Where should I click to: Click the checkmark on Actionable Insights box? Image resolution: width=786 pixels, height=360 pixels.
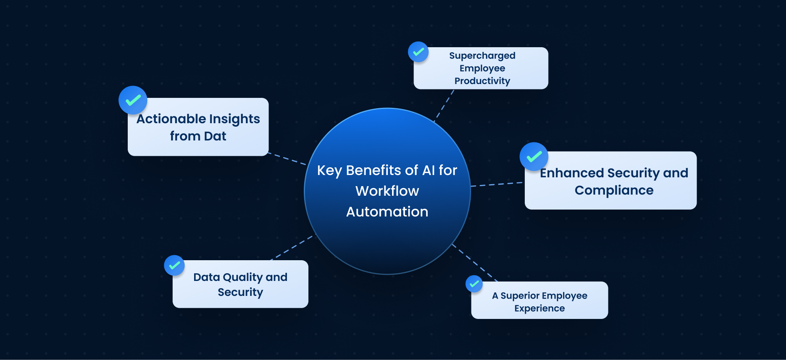pyautogui.click(x=133, y=100)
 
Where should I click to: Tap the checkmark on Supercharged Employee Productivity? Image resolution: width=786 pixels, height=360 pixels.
pyautogui.click(x=418, y=52)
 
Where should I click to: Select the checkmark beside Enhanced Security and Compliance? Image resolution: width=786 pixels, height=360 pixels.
pyautogui.click(x=534, y=157)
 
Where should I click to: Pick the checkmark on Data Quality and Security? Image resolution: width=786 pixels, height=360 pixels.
pyautogui.click(x=174, y=265)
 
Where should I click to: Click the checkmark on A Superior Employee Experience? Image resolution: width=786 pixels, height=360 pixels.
pyautogui.click(x=474, y=284)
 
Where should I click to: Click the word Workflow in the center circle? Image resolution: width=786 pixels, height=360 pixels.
pyautogui.click(x=387, y=191)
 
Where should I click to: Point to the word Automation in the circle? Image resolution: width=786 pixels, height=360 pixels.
pyautogui.click(x=387, y=212)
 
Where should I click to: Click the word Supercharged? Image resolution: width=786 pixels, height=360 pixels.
pyautogui.click(x=482, y=56)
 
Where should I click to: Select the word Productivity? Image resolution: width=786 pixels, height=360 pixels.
pyautogui.click(x=482, y=81)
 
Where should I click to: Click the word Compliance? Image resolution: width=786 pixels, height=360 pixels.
pyautogui.click(x=614, y=190)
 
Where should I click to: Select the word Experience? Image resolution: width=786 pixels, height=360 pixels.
pyautogui.click(x=539, y=309)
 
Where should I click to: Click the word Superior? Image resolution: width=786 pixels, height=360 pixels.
pyautogui.click(x=518, y=296)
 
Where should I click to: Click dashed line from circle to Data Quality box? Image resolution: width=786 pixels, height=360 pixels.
pyautogui.click(x=292, y=248)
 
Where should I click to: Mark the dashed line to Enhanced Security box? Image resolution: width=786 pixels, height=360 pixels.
pyautogui.click(x=497, y=184)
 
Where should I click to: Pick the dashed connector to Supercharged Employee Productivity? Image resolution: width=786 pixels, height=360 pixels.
pyautogui.click(x=444, y=106)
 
